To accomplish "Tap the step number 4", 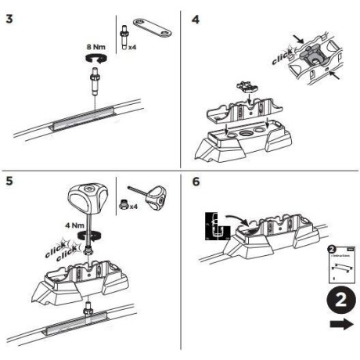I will pos(196,16).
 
